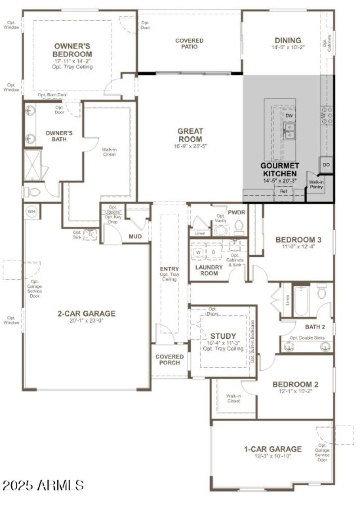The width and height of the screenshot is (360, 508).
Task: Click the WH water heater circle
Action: coord(31,211)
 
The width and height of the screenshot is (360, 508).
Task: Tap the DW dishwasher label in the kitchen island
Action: coord(289,116)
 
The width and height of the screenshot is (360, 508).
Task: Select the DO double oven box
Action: coord(326,165)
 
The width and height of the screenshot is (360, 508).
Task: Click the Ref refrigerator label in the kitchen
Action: coord(283,191)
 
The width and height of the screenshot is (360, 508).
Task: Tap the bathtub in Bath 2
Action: coord(300,301)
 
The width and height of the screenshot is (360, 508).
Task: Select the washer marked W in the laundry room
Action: coord(198,253)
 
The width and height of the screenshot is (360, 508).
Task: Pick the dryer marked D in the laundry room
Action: coord(213,253)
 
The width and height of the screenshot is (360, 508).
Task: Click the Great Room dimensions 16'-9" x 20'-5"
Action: coord(190,146)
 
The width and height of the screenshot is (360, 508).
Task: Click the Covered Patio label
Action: coord(189,44)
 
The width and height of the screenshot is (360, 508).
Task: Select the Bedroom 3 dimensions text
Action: coord(298,247)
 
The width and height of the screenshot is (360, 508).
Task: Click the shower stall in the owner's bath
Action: coord(32,165)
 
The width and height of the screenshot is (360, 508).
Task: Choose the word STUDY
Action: coord(223,336)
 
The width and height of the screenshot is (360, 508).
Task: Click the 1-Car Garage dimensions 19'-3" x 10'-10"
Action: coord(273,456)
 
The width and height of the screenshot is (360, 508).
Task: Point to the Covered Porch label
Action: coord(170,360)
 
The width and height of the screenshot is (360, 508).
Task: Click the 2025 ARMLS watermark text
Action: coord(43,485)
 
